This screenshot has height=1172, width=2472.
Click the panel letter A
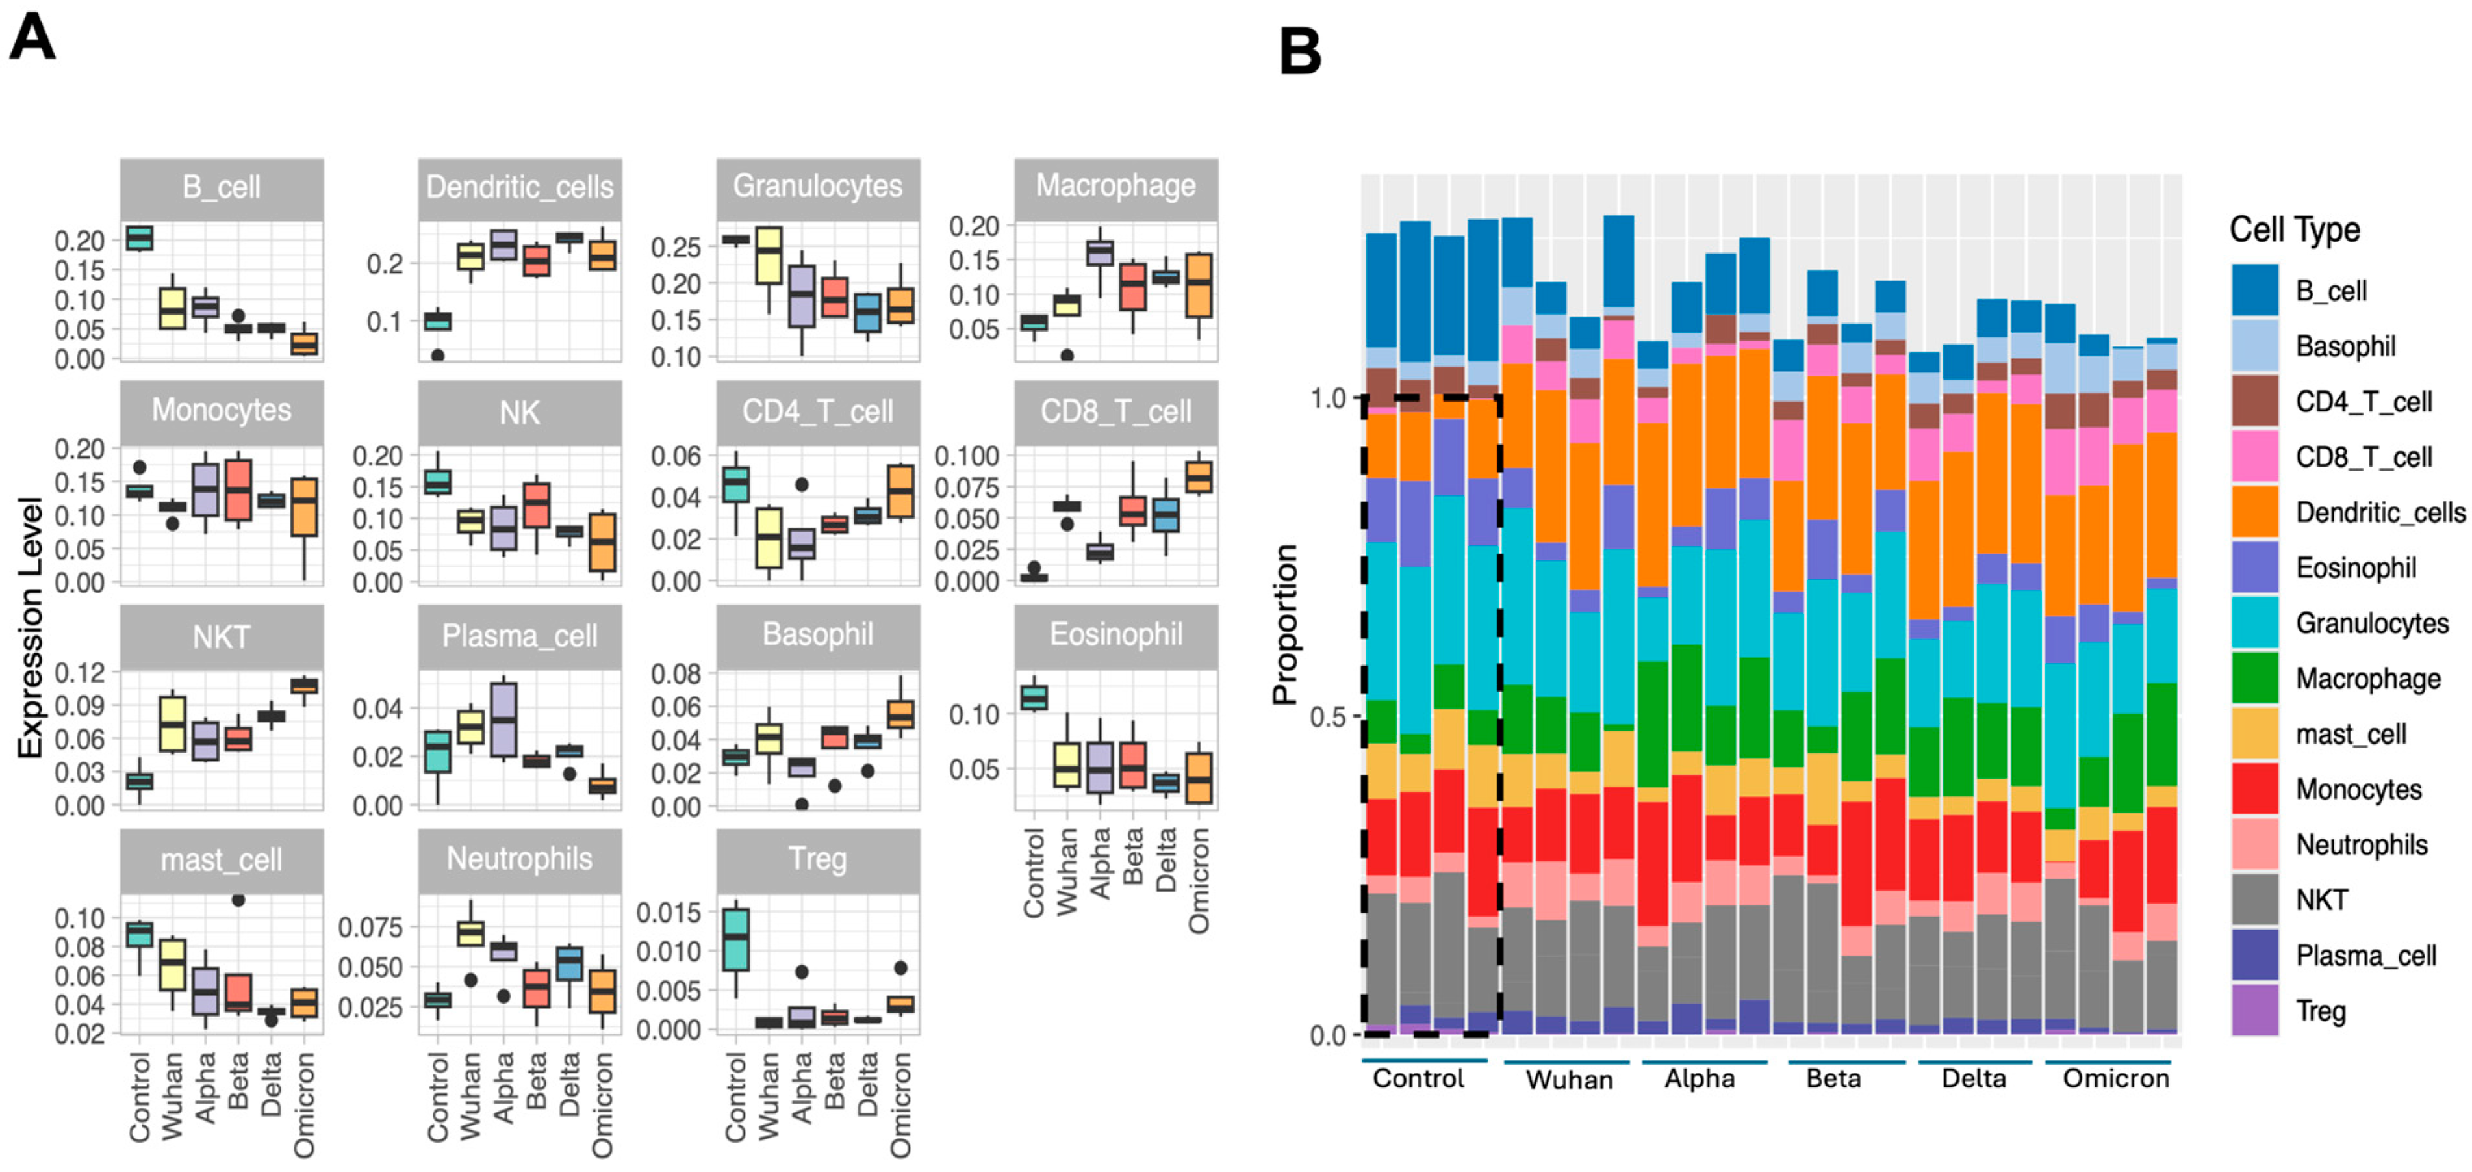(32, 38)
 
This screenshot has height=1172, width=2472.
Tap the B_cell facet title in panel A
(221, 187)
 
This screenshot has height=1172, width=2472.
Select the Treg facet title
(817, 859)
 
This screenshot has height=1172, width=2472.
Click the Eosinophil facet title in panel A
(1116, 634)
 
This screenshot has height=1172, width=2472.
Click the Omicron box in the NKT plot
(304, 685)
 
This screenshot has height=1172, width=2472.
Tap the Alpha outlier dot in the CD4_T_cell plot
(801, 485)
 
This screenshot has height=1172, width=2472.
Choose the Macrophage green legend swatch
(2254, 679)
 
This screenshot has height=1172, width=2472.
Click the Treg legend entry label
(2321, 1011)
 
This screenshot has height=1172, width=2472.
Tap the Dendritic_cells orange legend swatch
(2254, 512)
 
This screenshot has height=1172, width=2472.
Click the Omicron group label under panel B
(2115, 1079)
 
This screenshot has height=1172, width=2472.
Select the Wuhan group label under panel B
(1569, 1080)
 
